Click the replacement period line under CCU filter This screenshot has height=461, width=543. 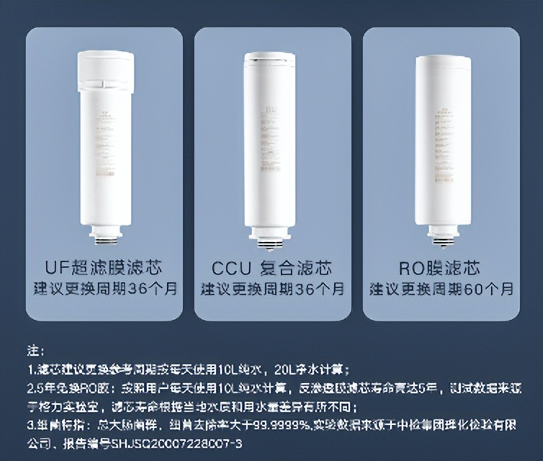(273, 290)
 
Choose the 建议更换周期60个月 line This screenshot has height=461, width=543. (441, 290)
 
